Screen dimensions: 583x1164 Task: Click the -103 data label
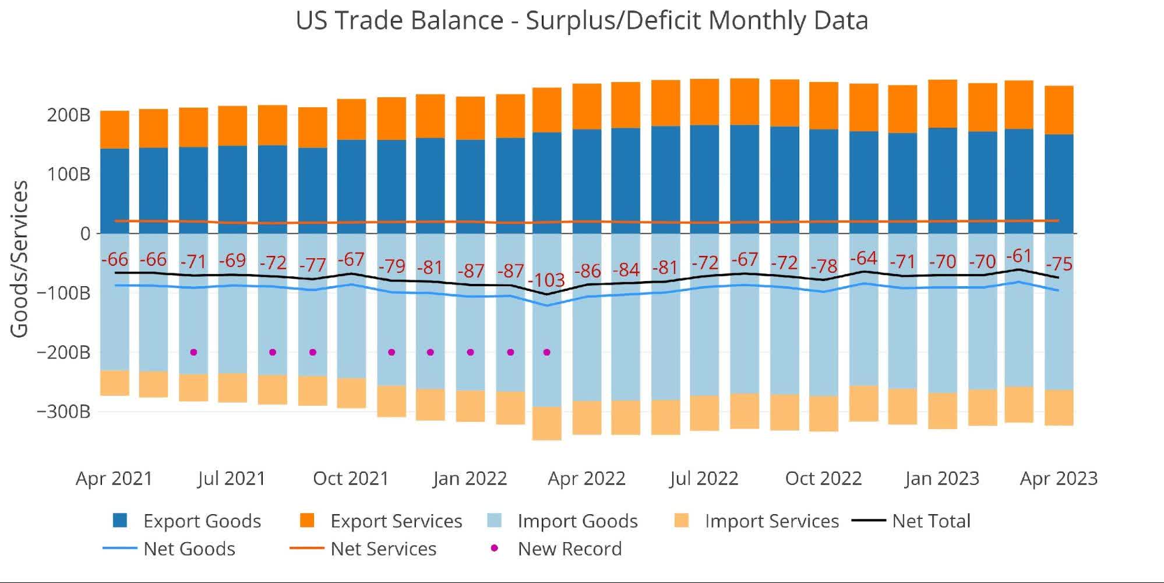point(546,280)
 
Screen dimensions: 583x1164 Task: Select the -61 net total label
point(1019,256)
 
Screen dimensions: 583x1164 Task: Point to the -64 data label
point(863,258)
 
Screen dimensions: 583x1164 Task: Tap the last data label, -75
point(1059,264)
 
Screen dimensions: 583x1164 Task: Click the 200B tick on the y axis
point(69,115)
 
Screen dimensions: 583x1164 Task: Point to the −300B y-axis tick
point(64,412)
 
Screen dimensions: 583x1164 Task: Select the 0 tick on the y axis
point(85,234)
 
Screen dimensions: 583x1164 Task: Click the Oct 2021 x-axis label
point(351,479)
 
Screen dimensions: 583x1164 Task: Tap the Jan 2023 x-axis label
point(941,479)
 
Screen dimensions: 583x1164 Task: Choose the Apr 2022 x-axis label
point(586,479)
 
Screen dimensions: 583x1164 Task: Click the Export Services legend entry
point(396,521)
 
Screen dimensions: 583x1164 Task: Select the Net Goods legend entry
point(189,549)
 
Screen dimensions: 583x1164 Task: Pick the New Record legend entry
point(569,549)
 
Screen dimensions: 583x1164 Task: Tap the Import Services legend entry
point(771,521)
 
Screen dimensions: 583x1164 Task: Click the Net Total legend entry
point(930,521)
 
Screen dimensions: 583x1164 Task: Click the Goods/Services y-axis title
point(19,258)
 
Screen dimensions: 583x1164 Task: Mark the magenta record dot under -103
point(546,352)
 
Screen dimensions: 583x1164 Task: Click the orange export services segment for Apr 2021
point(115,129)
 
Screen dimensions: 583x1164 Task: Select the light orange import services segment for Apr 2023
point(1059,408)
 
